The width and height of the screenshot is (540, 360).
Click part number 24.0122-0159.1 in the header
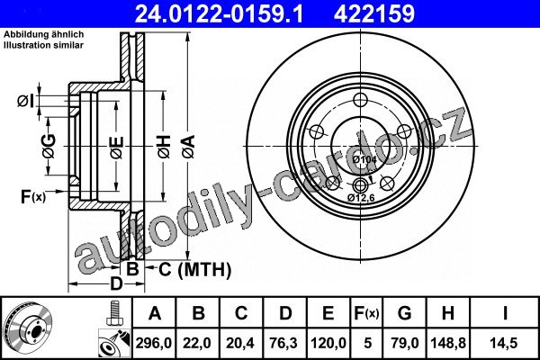point(220,13)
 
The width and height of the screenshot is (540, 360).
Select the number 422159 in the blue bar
point(374,13)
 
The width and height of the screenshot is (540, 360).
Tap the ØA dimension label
point(189,147)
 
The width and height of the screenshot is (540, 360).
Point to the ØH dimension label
point(165,147)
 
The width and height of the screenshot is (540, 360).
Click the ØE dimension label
point(117,148)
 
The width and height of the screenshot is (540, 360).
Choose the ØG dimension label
point(49,146)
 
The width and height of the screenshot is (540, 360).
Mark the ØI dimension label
point(26,102)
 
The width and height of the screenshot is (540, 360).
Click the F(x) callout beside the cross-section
point(33,197)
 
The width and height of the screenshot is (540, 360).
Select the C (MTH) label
point(194,269)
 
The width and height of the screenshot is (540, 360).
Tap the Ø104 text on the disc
point(364,159)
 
